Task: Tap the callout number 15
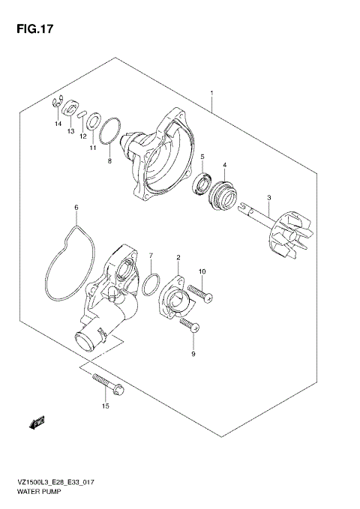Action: click(x=106, y=406)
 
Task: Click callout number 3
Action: click(x=268, y=198)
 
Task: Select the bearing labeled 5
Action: click(x=202, y=185)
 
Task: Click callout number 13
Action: click(x=70, y=131)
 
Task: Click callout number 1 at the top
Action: click(x=212, y=94)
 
